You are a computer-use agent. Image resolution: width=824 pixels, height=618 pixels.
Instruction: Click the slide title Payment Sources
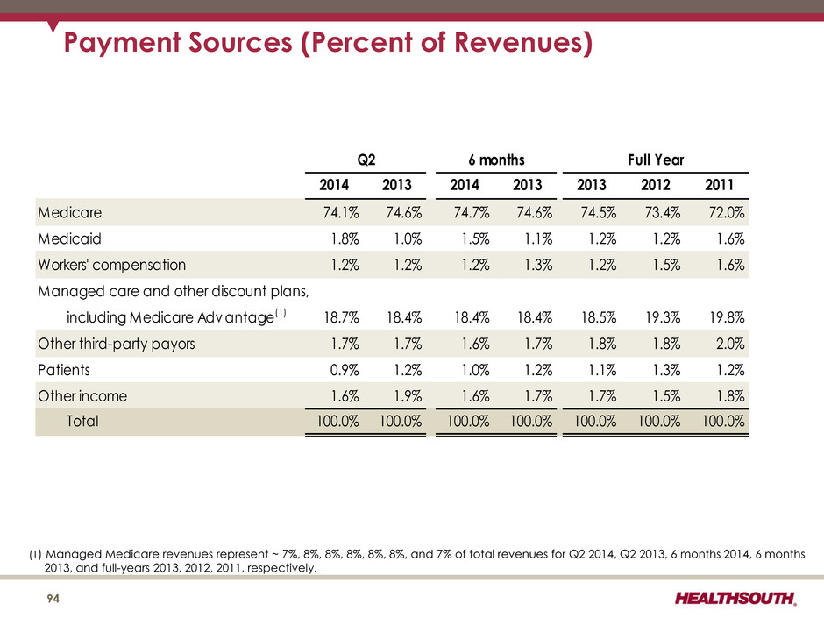tap(328, 43)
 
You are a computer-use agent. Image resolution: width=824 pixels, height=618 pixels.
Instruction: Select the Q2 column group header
tap(366, 160)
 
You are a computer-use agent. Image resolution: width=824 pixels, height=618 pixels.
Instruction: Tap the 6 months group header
tap(496, 160)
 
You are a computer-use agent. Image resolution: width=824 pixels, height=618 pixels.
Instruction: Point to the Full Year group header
tap(656, 160)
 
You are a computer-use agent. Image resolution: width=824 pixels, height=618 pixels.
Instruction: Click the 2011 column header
tap(719, 185)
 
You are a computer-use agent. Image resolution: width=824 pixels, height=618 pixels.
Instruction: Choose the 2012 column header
tap(656, 185)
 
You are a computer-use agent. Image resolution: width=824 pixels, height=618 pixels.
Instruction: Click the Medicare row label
tap(70, 212)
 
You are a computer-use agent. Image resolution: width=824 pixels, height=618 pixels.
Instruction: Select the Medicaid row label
tap(69, 238)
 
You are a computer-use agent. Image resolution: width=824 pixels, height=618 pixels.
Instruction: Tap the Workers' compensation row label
tap(112, 265)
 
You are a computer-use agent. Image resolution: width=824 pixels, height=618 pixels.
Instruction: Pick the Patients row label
tap(64, 370)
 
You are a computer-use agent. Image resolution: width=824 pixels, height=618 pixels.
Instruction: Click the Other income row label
tap(82, 395)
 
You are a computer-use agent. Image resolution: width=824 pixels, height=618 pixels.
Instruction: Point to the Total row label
tap(82, 421)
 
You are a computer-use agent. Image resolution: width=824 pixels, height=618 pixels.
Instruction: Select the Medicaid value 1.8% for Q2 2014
tap(345, 238)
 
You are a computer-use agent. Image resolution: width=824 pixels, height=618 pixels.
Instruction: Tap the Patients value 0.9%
tap(345, 370)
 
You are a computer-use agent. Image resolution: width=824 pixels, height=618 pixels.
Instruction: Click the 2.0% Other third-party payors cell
tap(730, 344)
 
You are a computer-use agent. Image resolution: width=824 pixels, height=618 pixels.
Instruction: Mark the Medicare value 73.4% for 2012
tap(662, 212)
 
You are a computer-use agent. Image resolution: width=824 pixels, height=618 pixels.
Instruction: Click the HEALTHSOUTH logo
tap(735, 599)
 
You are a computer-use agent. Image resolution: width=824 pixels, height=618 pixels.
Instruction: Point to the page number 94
tap(53, 599)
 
